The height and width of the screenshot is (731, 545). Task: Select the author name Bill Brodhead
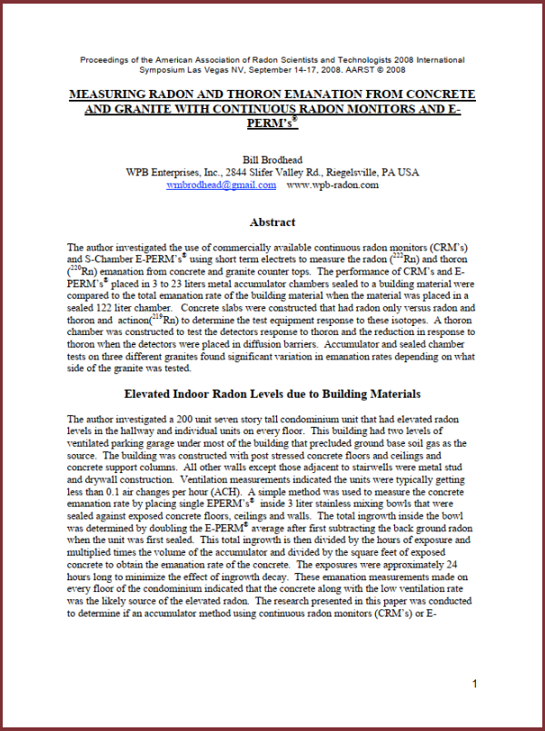pyautogui.click(x=272, y=157)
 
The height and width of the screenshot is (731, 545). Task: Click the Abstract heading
pyautogui.click(x=272, y=222)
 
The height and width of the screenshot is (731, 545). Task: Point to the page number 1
pyautogui.click(x=475, y=684)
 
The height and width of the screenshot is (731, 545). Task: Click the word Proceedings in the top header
pyautogui.click(x=104, y=60)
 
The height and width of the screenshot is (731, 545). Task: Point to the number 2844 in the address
pyautogui.click(x=241, y=171)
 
